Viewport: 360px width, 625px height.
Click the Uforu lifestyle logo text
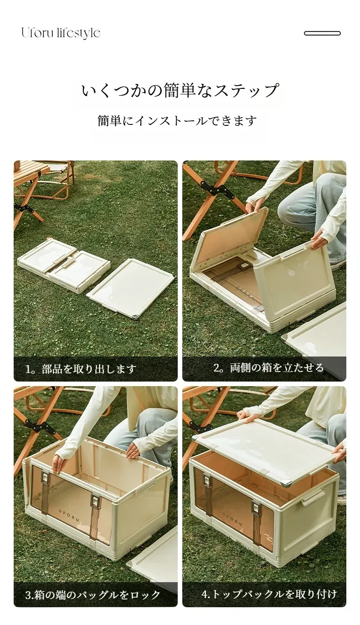[x=61, y=33]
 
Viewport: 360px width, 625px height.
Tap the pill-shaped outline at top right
[x=322, y=33]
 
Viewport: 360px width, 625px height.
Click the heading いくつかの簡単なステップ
[x=180, y=90]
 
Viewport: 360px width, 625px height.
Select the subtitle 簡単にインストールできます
[x=177, y=120]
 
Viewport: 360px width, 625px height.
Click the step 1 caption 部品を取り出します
[x=89, y=369]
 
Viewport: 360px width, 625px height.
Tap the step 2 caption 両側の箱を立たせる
[x=277, y=368]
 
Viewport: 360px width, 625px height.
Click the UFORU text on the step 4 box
[x=232, y=514]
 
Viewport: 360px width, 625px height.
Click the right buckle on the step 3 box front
[x=94, y=501]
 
